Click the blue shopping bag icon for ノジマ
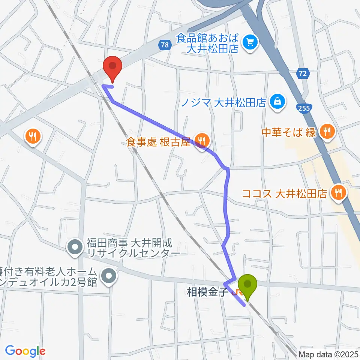pyautogui.click(x=278, y=102)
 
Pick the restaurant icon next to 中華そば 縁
pyautogui.click(x=327, y=132)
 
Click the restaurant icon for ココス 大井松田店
pyautogui.click(x=339, y=193)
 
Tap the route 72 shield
pyautogui.click(x=304, y=74)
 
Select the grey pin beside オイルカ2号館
pyautogui.click(x=109, y=276)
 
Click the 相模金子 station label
pyautogui.click(x=207, y=292)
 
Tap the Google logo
pyautogui.click(x=25, y=351)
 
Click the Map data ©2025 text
pyautogui.click(x=329, y=354)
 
